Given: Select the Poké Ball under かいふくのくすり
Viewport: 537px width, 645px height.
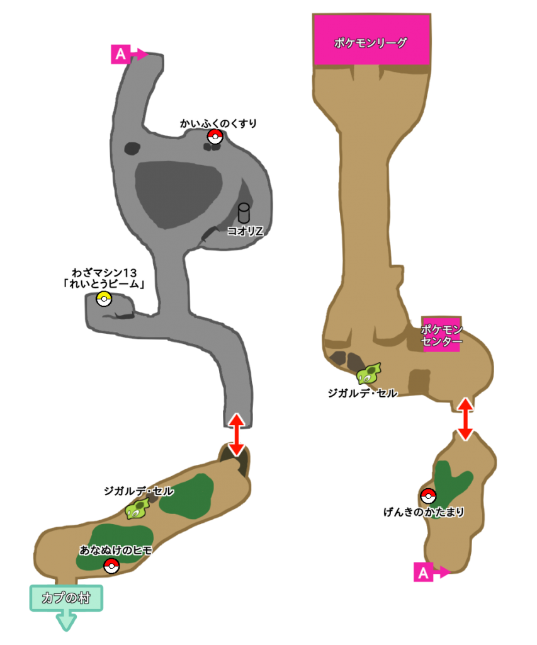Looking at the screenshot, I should click(215, 137).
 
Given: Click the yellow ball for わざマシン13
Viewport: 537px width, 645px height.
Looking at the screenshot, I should click(104, 299).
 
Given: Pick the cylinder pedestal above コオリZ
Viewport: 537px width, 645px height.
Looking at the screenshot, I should click(244, 213).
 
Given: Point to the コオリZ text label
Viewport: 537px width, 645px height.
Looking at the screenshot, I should click(245, 231).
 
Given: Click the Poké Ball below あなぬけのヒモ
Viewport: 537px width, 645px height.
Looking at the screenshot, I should click(111, 566).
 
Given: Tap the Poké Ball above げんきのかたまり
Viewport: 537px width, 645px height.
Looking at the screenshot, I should click(428, 495).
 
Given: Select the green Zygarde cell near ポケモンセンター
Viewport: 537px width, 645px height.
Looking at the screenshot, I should click(369, 374).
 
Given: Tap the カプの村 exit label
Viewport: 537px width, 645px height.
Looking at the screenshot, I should click(66, 598).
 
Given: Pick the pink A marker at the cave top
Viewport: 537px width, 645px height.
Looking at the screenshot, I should click(120, 54).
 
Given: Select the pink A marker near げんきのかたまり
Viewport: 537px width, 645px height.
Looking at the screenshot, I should click(423, 572).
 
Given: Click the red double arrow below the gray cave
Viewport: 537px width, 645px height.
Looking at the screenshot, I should click(236, 434).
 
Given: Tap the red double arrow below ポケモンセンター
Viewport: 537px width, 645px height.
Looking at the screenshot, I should click(465, 419).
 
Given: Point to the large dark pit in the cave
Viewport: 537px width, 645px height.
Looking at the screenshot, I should click(178, 193).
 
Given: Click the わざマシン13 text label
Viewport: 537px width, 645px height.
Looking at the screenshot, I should click(105, 278).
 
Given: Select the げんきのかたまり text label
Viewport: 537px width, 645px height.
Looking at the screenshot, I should click(423, 512).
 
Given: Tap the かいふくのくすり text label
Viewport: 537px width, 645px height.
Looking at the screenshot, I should click(218, 123).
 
